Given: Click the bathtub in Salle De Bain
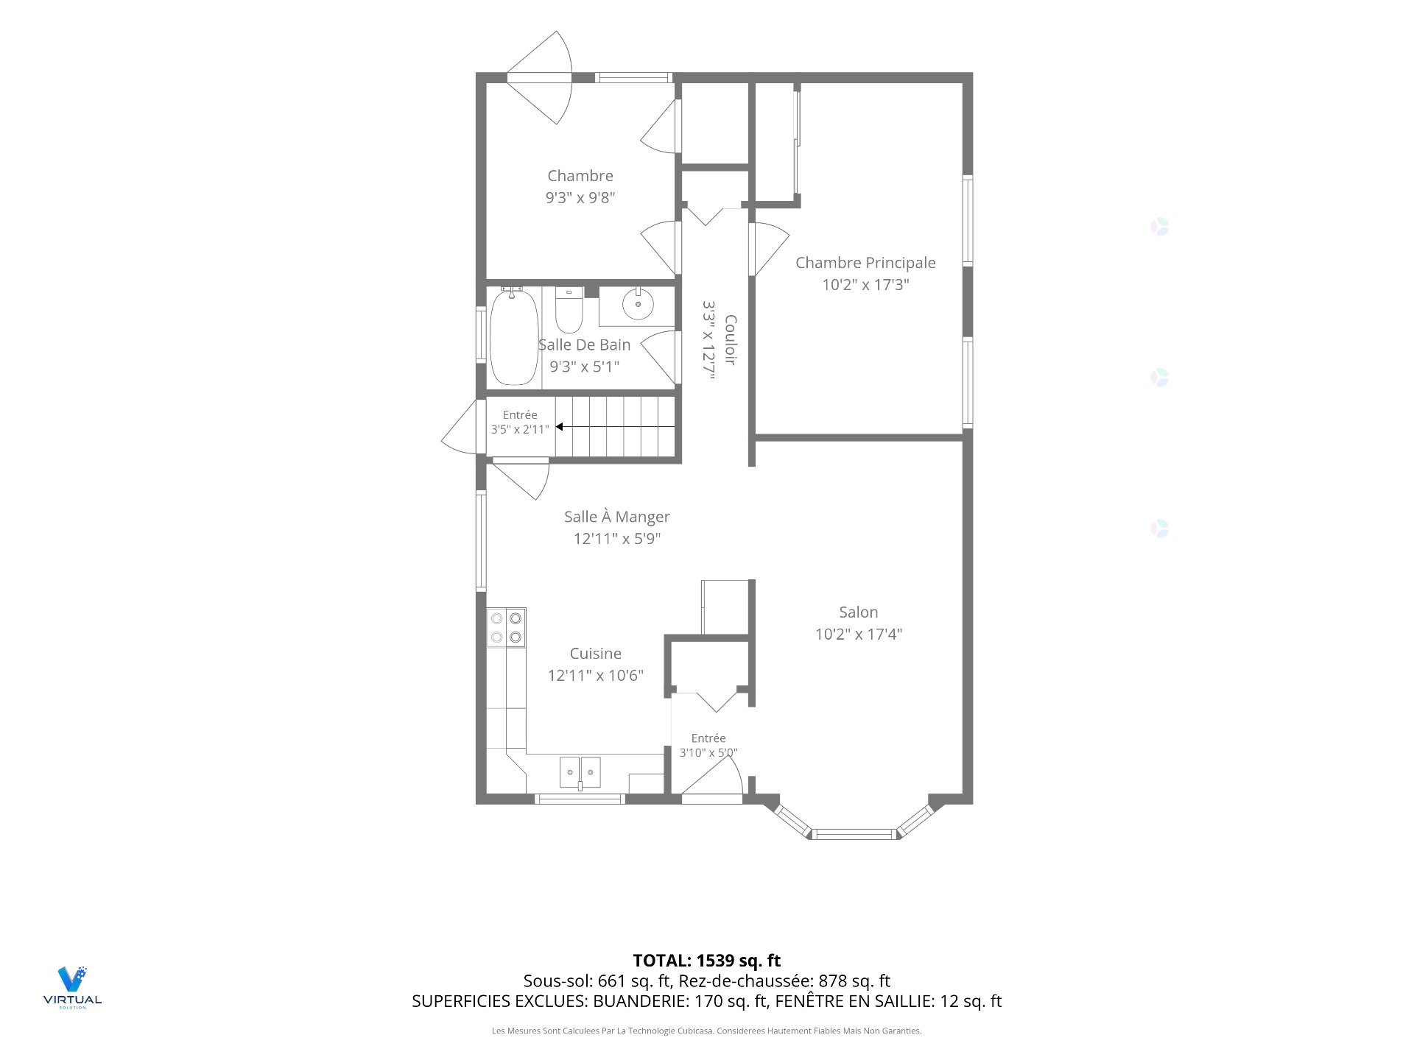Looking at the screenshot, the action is coord(514,337).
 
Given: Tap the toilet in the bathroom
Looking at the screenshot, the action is coord(569,310).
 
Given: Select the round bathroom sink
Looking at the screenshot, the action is coord(637,303).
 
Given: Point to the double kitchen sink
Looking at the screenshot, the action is coord(580,772).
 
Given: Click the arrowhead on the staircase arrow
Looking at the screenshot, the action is coord(560,426).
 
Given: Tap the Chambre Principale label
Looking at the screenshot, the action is coord(865,263).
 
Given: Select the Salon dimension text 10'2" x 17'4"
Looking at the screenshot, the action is coord(859,634).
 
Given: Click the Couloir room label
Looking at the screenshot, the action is coord(731,339).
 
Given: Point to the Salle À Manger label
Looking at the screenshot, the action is coord(617,517).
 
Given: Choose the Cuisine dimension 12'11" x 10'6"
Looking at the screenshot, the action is coord(596,675).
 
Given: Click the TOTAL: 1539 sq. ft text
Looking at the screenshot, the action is coord(707,961).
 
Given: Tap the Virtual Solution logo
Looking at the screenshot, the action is coord(72,987).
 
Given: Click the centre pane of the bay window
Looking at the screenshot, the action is coord(854,834).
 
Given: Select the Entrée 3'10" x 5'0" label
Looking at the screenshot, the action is coord(708,745).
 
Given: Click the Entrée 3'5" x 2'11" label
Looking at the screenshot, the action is coord(520,422).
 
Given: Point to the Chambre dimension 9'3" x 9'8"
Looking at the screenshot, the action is coord(580,197).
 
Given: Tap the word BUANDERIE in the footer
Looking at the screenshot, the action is coord(639,1001).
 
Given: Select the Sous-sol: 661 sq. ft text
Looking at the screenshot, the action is coord(597,981).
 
